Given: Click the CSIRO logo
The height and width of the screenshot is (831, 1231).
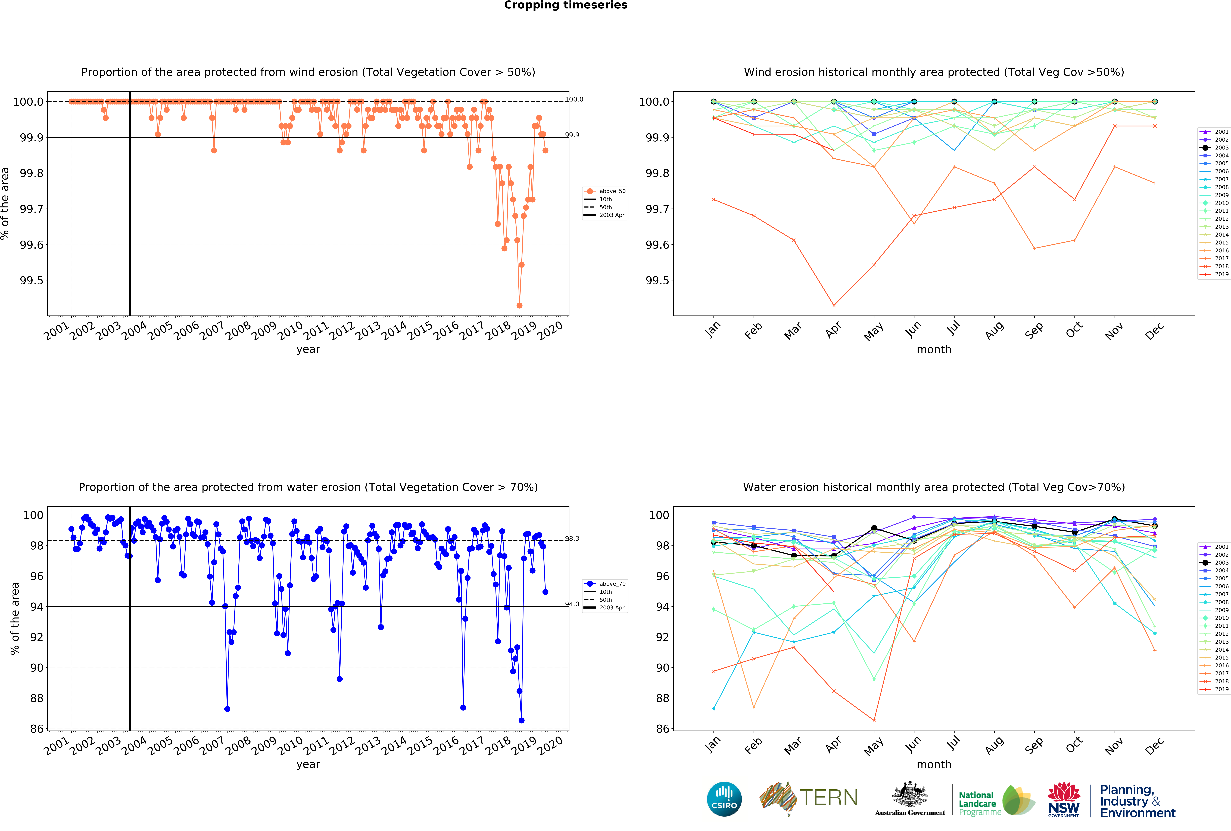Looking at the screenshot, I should [724, 799].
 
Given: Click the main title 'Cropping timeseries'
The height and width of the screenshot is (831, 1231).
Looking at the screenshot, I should [565, 5].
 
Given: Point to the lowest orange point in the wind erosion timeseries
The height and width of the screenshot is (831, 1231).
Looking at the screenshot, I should [519, 305].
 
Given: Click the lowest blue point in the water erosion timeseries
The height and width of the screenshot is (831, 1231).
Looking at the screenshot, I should [521, 720].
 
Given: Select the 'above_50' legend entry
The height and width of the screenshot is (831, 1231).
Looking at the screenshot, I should [612, 191].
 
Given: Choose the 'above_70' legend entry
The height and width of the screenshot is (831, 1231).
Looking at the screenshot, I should [612, 584].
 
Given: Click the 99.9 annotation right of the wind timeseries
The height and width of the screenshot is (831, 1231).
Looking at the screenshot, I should [572, 135].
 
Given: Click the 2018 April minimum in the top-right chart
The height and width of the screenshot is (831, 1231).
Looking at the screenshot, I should [834, 305].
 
